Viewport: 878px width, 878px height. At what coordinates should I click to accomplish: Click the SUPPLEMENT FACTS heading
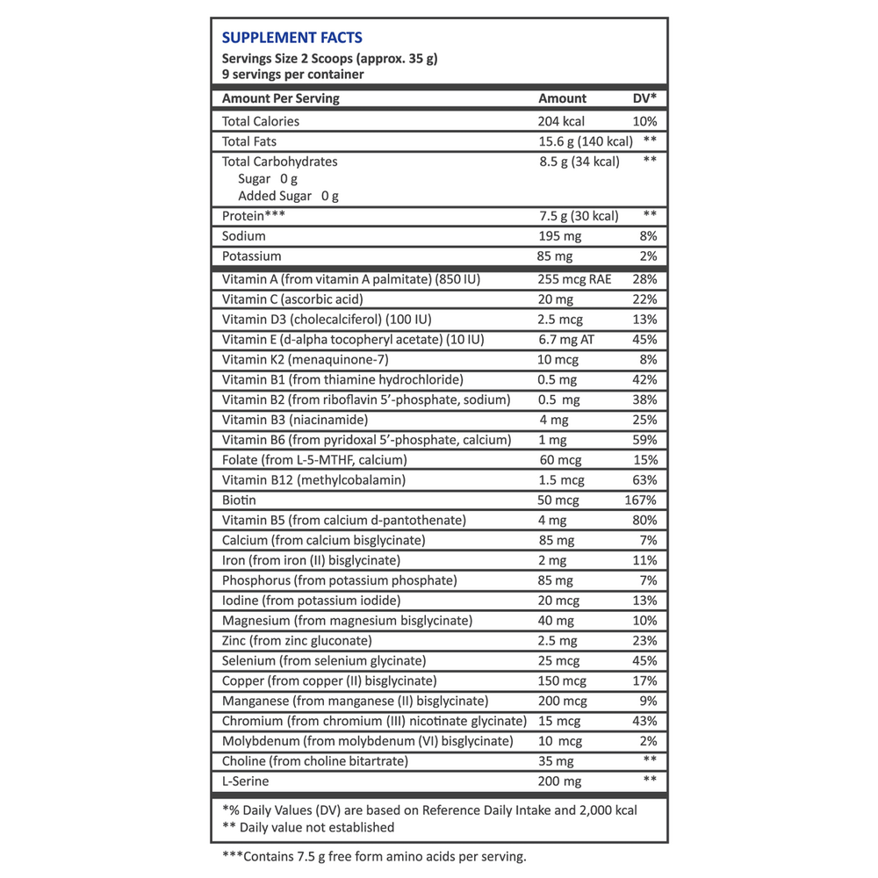(292, 38)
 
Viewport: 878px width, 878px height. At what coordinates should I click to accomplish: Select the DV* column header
(644, 99)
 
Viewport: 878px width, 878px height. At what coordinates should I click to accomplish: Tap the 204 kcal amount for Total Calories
(561, 121)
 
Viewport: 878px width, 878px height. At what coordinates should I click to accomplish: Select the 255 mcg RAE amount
(574, 280)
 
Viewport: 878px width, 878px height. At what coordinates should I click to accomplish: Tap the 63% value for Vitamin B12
(644, 480)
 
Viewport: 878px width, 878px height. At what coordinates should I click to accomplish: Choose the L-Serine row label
(246, 781)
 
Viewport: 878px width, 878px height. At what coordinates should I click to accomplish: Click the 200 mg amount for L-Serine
(559, 781)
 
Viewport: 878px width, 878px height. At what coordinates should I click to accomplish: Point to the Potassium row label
(252, 256)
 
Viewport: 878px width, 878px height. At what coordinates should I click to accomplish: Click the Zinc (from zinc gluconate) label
(298, 641)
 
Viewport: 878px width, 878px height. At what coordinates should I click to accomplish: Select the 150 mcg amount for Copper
(563, 681)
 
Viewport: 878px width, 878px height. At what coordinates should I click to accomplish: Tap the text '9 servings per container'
(293, 76)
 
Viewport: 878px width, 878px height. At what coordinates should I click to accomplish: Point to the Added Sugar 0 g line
(289, 196)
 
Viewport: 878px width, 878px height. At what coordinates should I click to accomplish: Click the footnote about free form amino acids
(372, 856)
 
